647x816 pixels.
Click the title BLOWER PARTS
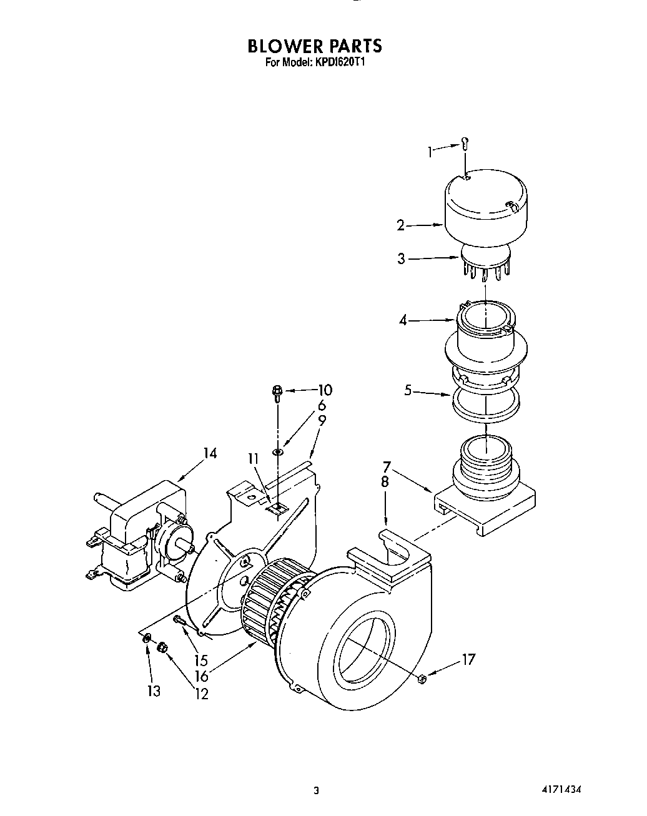[314, 46]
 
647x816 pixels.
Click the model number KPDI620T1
[337, 62]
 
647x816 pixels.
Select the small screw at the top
[465, 144]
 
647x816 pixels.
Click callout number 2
[401, 225]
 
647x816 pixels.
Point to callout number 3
[402, 258]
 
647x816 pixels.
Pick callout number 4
[403, 320]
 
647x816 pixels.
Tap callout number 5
[408, 391]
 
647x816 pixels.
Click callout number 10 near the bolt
[325, 390]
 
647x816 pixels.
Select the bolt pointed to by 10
[277, 393]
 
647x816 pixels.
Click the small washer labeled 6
[277, 451]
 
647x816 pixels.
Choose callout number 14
[209, 453]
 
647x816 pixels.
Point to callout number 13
[154, 691]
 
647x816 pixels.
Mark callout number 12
[201, 693]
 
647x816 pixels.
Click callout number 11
[253, 459]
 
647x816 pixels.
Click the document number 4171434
[561, 789]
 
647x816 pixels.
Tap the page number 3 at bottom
[317, 790]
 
